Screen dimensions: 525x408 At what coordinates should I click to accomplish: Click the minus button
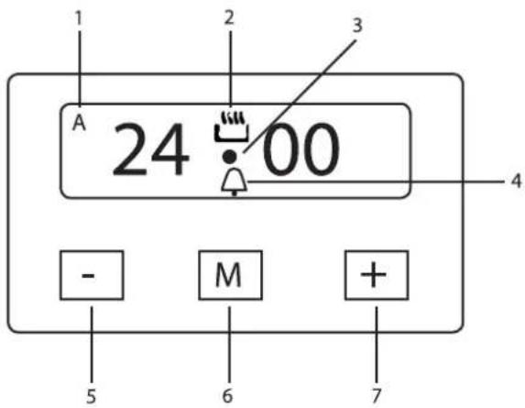click(x=92, y=275)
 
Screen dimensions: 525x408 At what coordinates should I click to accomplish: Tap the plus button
click(x=377, y=275)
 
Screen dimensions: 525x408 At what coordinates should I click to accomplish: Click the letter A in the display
click(x=79, y=123)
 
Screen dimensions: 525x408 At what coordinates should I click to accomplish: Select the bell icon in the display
click(x=235, y=182)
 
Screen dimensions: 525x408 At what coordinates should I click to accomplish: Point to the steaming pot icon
click(x=231, y=127)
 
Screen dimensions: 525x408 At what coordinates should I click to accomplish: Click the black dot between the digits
click(x=230, y=157)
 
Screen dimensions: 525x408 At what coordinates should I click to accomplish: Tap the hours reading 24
click(x=150, y=149)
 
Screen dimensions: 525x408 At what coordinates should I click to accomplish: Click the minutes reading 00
click(x=301, y=149)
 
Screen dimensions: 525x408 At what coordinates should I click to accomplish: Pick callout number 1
click(x=79, y=18)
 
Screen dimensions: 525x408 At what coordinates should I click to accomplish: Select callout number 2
click(x=229, y=17)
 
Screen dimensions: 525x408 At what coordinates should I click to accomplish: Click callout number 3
click(x=357, y=26)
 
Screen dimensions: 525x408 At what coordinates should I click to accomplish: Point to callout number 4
click(x=516, y=181)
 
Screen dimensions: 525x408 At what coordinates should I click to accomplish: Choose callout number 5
click(x=91, y=396)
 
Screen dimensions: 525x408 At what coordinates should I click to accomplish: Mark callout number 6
click(x=227, y=396)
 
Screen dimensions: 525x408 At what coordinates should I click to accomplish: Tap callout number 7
click(x=377, y=396)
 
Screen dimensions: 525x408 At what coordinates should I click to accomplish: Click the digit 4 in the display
click(x=171, y=149)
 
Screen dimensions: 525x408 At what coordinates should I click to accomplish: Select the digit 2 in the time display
click(x=131, y=149)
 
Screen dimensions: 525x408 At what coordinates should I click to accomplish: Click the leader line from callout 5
click(x=92, y=346)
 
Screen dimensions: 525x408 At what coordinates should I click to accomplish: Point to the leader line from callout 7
click(x=377, y=345)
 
